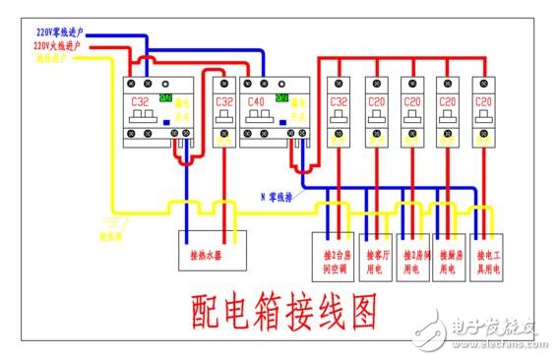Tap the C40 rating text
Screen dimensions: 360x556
pos(256,101)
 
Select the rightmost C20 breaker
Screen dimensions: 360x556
pos(482,112)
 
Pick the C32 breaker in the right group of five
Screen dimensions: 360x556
pos(339,112)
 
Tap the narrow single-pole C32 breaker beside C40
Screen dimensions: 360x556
pos(224,112)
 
